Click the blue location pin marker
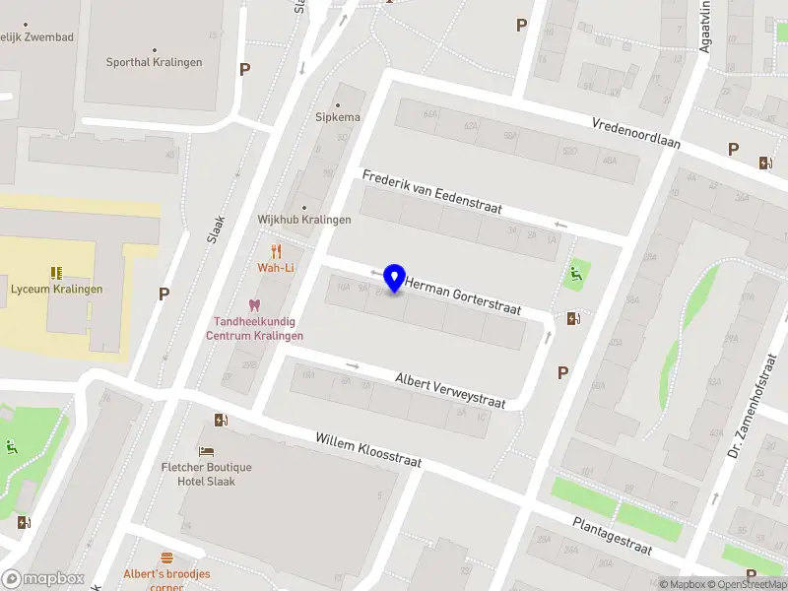(x=395, y=279)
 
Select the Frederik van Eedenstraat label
(x=432, y=192)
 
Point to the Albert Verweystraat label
(x=450, y=390)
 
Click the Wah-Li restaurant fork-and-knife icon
(x=276, y=250)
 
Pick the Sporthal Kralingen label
(x=154, y=62)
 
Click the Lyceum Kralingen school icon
(x=56, y=273)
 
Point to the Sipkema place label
(x=338, y=117)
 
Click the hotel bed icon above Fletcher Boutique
(x=207, y=451)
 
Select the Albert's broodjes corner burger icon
(x=166, y=558)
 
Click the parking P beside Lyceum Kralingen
(x=164, y=294)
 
